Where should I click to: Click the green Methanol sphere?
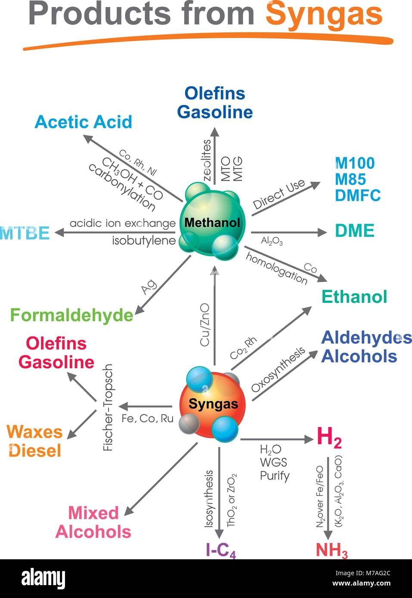point(212,223)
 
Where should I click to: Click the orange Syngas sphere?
point(212,404)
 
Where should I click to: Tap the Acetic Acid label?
point(83,122)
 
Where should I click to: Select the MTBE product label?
point(25,233)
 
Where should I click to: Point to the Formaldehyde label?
point(71,315)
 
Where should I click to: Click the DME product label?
point(355,231)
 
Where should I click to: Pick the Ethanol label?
point(354,297)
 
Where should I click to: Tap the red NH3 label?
point(331,550)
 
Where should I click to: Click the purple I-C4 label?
point(220,550)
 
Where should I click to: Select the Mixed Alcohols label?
point(93,522)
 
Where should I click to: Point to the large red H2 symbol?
point(329,437)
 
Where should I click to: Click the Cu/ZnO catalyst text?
point(205,324)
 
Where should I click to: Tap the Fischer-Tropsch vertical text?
point(108,407)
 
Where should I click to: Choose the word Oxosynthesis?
point(278,370)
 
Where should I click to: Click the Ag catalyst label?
point(149,287)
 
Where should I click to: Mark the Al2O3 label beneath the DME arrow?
point(272,241)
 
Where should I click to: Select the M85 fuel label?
point(350,179)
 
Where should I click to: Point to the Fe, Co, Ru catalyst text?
point(147,418)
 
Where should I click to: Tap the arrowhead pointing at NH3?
point(328,535)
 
